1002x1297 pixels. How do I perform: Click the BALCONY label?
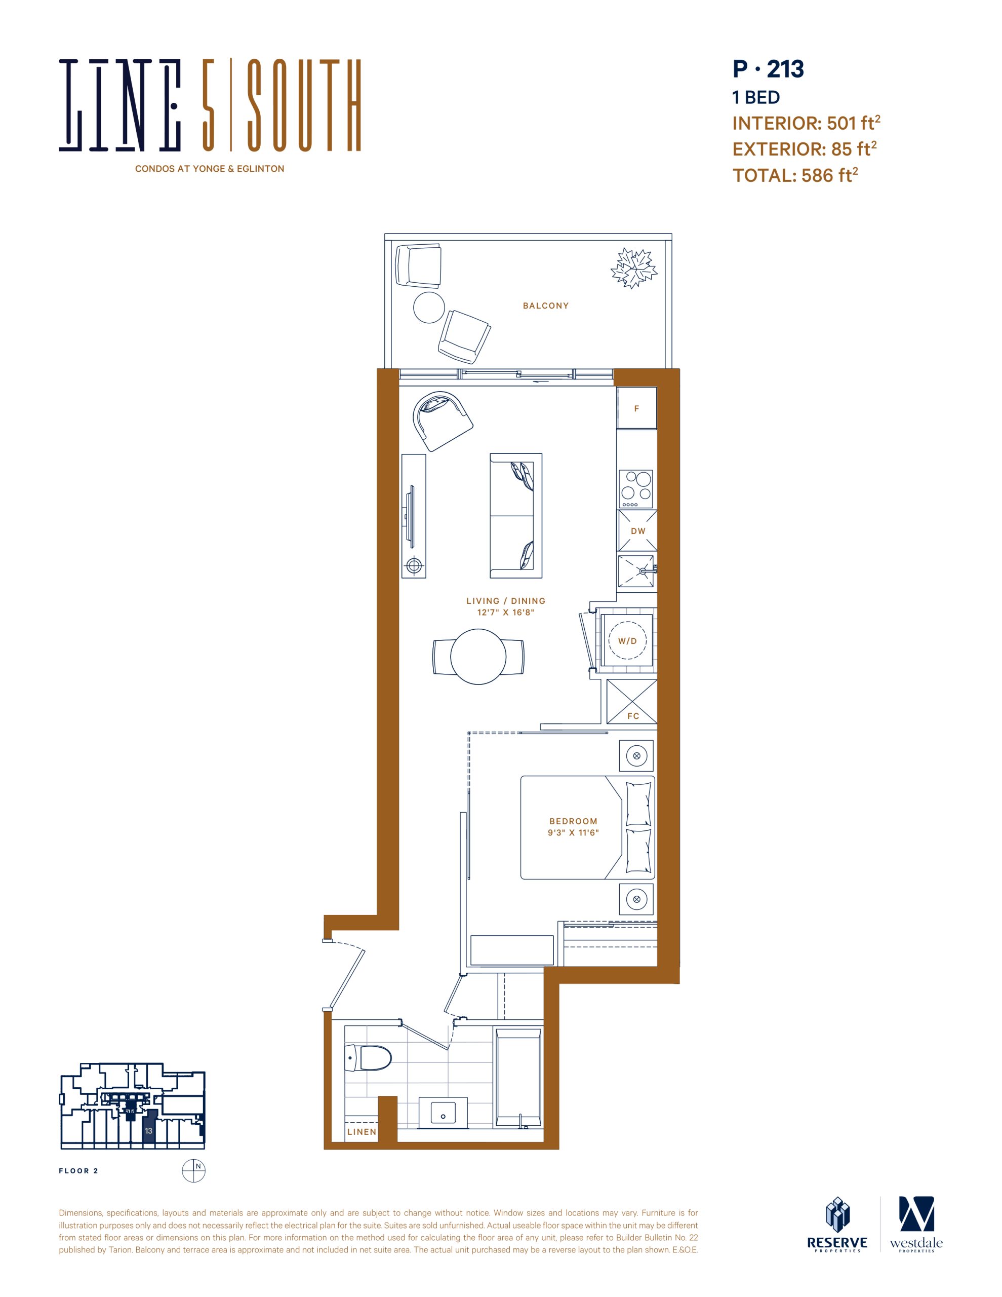(x=545, y=306)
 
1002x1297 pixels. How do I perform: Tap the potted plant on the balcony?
(x=634, y=268)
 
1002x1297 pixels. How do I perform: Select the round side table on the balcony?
(x=428, y=308)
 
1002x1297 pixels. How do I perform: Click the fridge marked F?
(x=636, y=408)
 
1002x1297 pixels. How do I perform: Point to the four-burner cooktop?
(x=636, y=489)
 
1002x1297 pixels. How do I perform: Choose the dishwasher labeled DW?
(x=637, y=530)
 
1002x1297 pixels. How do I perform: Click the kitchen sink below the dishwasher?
(x=636, y=571)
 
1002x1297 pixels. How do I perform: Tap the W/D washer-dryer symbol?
(x=627, y=640)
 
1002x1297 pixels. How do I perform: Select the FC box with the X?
(x=631, y=701)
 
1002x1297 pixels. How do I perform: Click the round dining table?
(x=478, y=656)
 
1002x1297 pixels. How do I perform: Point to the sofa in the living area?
(x=516, y=515)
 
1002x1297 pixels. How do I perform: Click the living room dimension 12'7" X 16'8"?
(x=506, y=612)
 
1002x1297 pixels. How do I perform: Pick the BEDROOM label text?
(x=573, y=821)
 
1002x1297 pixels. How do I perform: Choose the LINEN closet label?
(x=362, y=1132)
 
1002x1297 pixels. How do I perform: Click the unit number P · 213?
(x=768, y=69)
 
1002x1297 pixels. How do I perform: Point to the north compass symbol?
(x=193, y=1170)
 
